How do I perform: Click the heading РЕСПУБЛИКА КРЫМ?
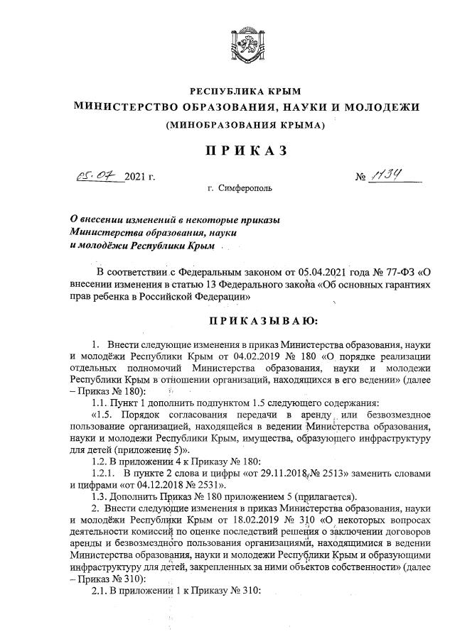(x=245, y=91)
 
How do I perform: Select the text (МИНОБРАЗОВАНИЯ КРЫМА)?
(x=245, y=126)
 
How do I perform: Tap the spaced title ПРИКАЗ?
(x=245, y=150)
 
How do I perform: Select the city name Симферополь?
(x=245, y=189)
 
